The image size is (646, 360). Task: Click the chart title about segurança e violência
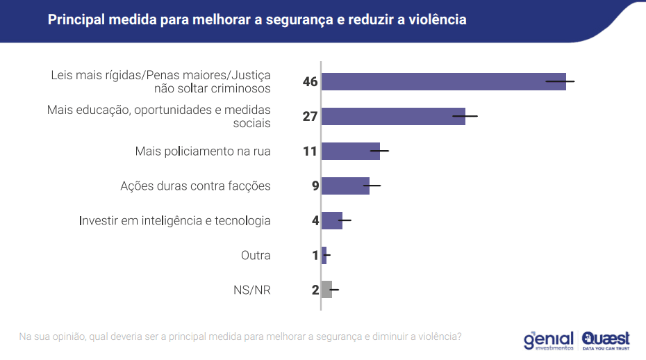coord(257,19)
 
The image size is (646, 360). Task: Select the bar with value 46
coord(443,81)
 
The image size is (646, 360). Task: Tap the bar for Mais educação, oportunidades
coord(392,116)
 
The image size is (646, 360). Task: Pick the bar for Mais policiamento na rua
coord(350,151)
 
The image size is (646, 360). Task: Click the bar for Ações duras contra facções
coord(345,186)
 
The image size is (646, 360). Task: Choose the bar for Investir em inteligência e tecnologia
coord(331,220)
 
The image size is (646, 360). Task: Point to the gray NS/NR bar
coord(326,289)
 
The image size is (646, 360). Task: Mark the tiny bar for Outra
coord(324,255)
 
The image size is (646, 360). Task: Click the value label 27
coord(310,116)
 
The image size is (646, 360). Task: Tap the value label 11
coord(310,151)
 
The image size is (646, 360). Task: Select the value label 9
coord(315,186)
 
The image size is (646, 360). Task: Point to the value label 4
coord(315,220)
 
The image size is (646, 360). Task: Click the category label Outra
coord(256,255)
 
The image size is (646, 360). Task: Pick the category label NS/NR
coord(251,290)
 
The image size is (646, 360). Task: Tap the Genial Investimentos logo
coord(548,340)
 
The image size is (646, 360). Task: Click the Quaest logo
coord(606,340)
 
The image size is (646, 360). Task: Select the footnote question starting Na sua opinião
coord(240,336)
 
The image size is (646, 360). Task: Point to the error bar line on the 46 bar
coord(560,81)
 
